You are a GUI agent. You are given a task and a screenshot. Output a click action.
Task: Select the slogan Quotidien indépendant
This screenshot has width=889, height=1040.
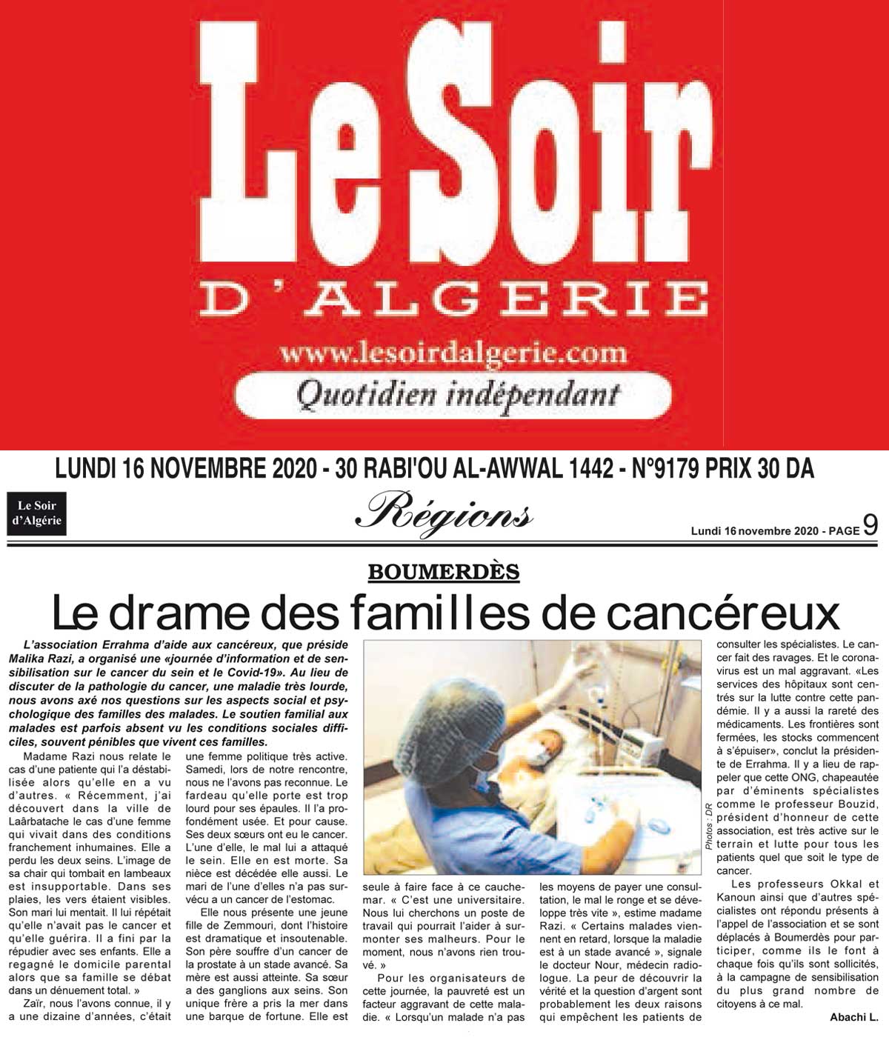(x=457, y=393)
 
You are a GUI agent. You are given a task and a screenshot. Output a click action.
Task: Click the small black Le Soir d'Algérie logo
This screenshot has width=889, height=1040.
(x=36, y=513)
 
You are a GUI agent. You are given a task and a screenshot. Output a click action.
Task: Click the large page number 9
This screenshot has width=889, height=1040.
(x=870, y=525)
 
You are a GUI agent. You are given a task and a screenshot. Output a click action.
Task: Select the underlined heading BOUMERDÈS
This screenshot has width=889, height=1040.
(x=443, y=571)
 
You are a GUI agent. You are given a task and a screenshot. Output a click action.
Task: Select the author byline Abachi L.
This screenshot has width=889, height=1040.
(x=853, y=1017)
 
